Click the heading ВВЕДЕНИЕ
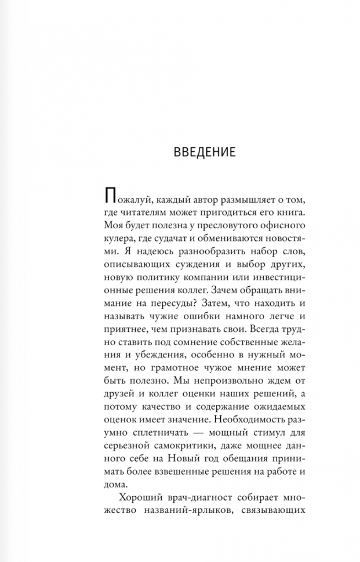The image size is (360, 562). pyautogui.click(x=204, y=152)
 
